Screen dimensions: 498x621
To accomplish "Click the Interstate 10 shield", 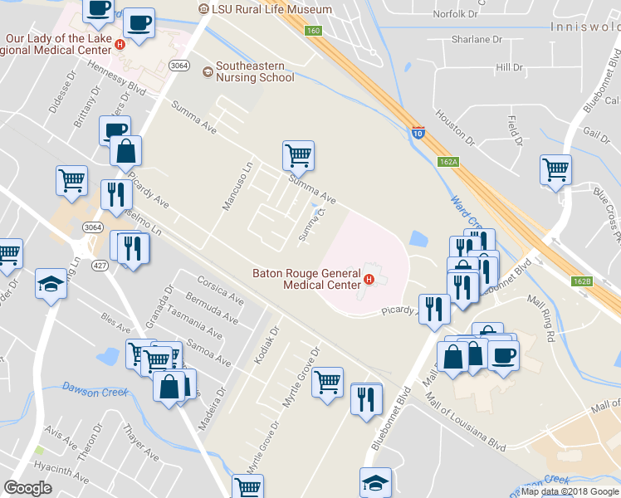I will click(418, 130).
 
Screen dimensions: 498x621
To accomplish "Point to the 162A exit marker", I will click(448, 162).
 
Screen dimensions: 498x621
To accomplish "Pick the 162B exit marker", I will click(582, 281).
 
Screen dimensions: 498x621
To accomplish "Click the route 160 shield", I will click(312, 31).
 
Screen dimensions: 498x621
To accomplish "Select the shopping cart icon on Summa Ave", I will click(297, 155).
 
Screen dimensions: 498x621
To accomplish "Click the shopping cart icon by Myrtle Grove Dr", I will click(328, 381).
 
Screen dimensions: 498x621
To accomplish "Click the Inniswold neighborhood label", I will click(584, 27).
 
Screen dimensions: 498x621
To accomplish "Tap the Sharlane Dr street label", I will click(477, 39).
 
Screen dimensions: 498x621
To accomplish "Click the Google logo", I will click(27, 488).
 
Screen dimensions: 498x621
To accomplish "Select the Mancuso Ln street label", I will click(236, 186).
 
